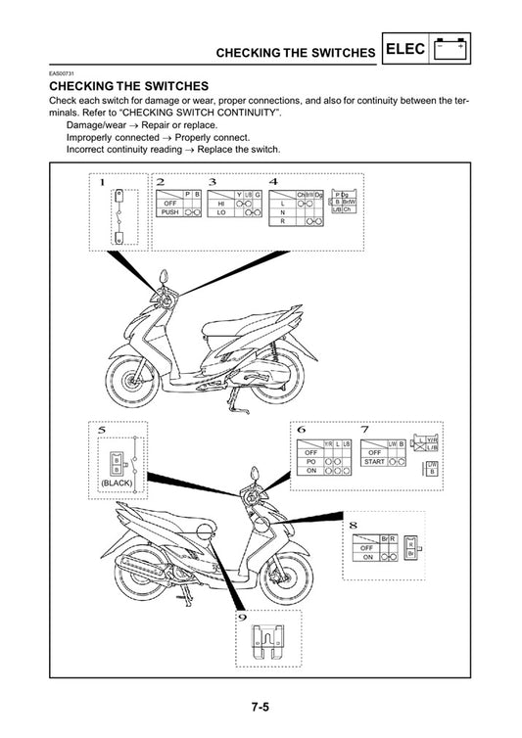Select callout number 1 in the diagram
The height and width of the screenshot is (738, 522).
tap(102, 182)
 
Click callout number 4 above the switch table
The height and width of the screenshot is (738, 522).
tap(273, 182)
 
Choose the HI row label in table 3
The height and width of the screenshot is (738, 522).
tap(221, 203)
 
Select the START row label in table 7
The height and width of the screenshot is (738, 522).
tap(373, 461)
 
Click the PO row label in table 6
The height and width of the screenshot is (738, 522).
tap(310, 461)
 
